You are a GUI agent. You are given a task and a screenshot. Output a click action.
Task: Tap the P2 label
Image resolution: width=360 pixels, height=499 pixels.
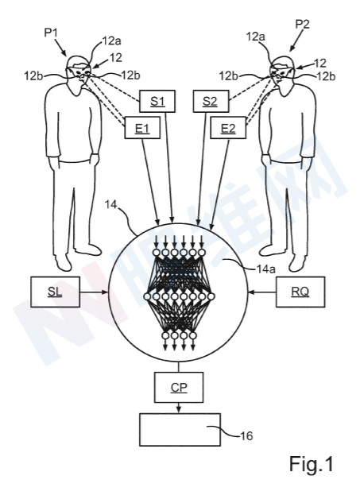click(302, 24)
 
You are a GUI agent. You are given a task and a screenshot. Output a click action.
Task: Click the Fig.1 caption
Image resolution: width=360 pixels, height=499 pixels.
click(311, 464)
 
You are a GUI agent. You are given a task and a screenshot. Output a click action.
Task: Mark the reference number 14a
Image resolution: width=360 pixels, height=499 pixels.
click(265, 269)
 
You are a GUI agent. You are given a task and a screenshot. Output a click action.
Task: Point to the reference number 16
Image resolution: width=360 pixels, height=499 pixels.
click(245, 435)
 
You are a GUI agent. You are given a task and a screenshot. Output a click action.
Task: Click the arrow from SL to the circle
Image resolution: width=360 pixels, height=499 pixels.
click(95, 292)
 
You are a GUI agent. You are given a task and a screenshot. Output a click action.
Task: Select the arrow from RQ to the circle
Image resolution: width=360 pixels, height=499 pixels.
click(262, 292)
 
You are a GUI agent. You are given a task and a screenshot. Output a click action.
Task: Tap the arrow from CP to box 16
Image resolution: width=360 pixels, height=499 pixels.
click(179, 408)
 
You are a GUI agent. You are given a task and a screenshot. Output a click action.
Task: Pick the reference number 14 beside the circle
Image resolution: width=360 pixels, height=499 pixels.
click(111, 205)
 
